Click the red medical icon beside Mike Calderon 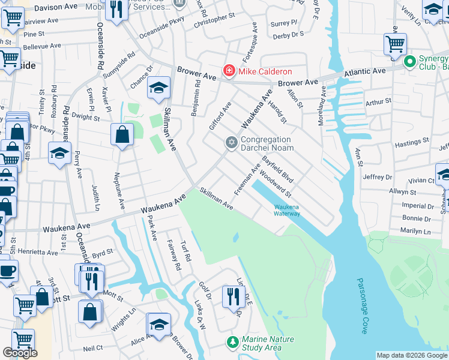[x=229, y=71]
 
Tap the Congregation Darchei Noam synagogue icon [x=231, y=143]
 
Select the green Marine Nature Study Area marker [x=232, y=343]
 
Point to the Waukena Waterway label [x=287, y=210]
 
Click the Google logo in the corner [x=20, y=353]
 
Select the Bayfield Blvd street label [x=278, y=170]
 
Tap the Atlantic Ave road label [x=364, y=72]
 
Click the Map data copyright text [x=411, y=355]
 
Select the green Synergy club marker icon [x=410, y=62]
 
